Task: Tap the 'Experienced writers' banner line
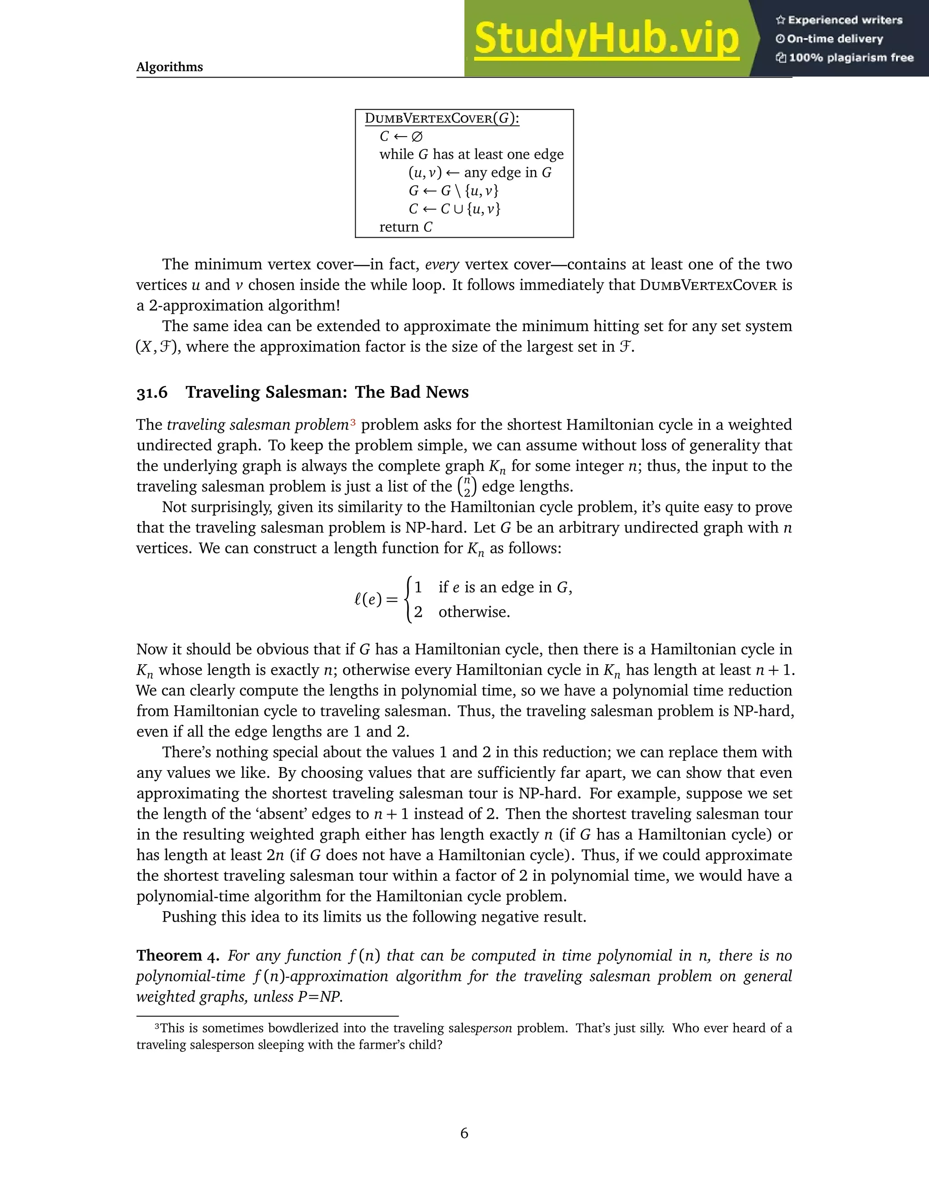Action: click(839, 20)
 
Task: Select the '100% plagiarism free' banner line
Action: click(844, 58)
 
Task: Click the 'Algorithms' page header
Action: click(170, 67)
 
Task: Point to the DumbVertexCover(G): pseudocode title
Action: click(442, 118)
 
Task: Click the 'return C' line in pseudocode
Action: click(406, 227)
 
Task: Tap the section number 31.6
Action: click(152, 392)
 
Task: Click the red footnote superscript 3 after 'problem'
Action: click(353, 423)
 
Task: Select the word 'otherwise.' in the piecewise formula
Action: click(474, 612)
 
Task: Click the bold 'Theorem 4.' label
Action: click(178, 955)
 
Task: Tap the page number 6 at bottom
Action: click(464, 1133)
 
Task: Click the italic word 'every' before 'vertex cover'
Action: click(442, 265)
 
